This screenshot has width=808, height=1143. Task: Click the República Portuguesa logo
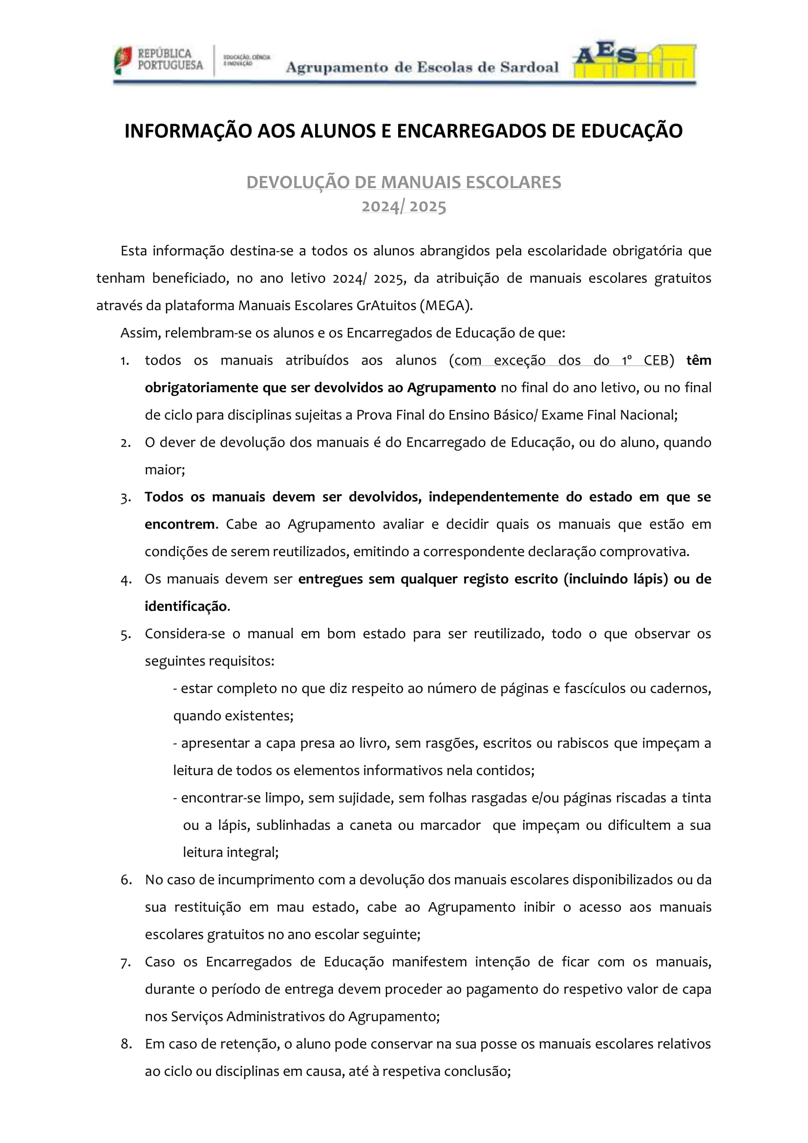coord(158,60)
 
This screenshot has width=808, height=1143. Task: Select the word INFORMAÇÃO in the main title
coord(188,131)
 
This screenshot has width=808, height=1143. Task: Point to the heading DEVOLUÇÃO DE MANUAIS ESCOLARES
coord(404,182)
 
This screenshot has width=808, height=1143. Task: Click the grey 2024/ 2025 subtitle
coord(404,206)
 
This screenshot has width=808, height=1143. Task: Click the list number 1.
coord(125,361)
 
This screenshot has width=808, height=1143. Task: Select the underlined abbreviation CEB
coord(655,360)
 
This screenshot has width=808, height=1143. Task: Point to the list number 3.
coord(126,498)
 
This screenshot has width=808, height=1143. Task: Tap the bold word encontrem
coord(180,524)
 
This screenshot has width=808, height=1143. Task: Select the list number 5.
coord(126,635)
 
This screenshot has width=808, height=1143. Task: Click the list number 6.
coord(126,880)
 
